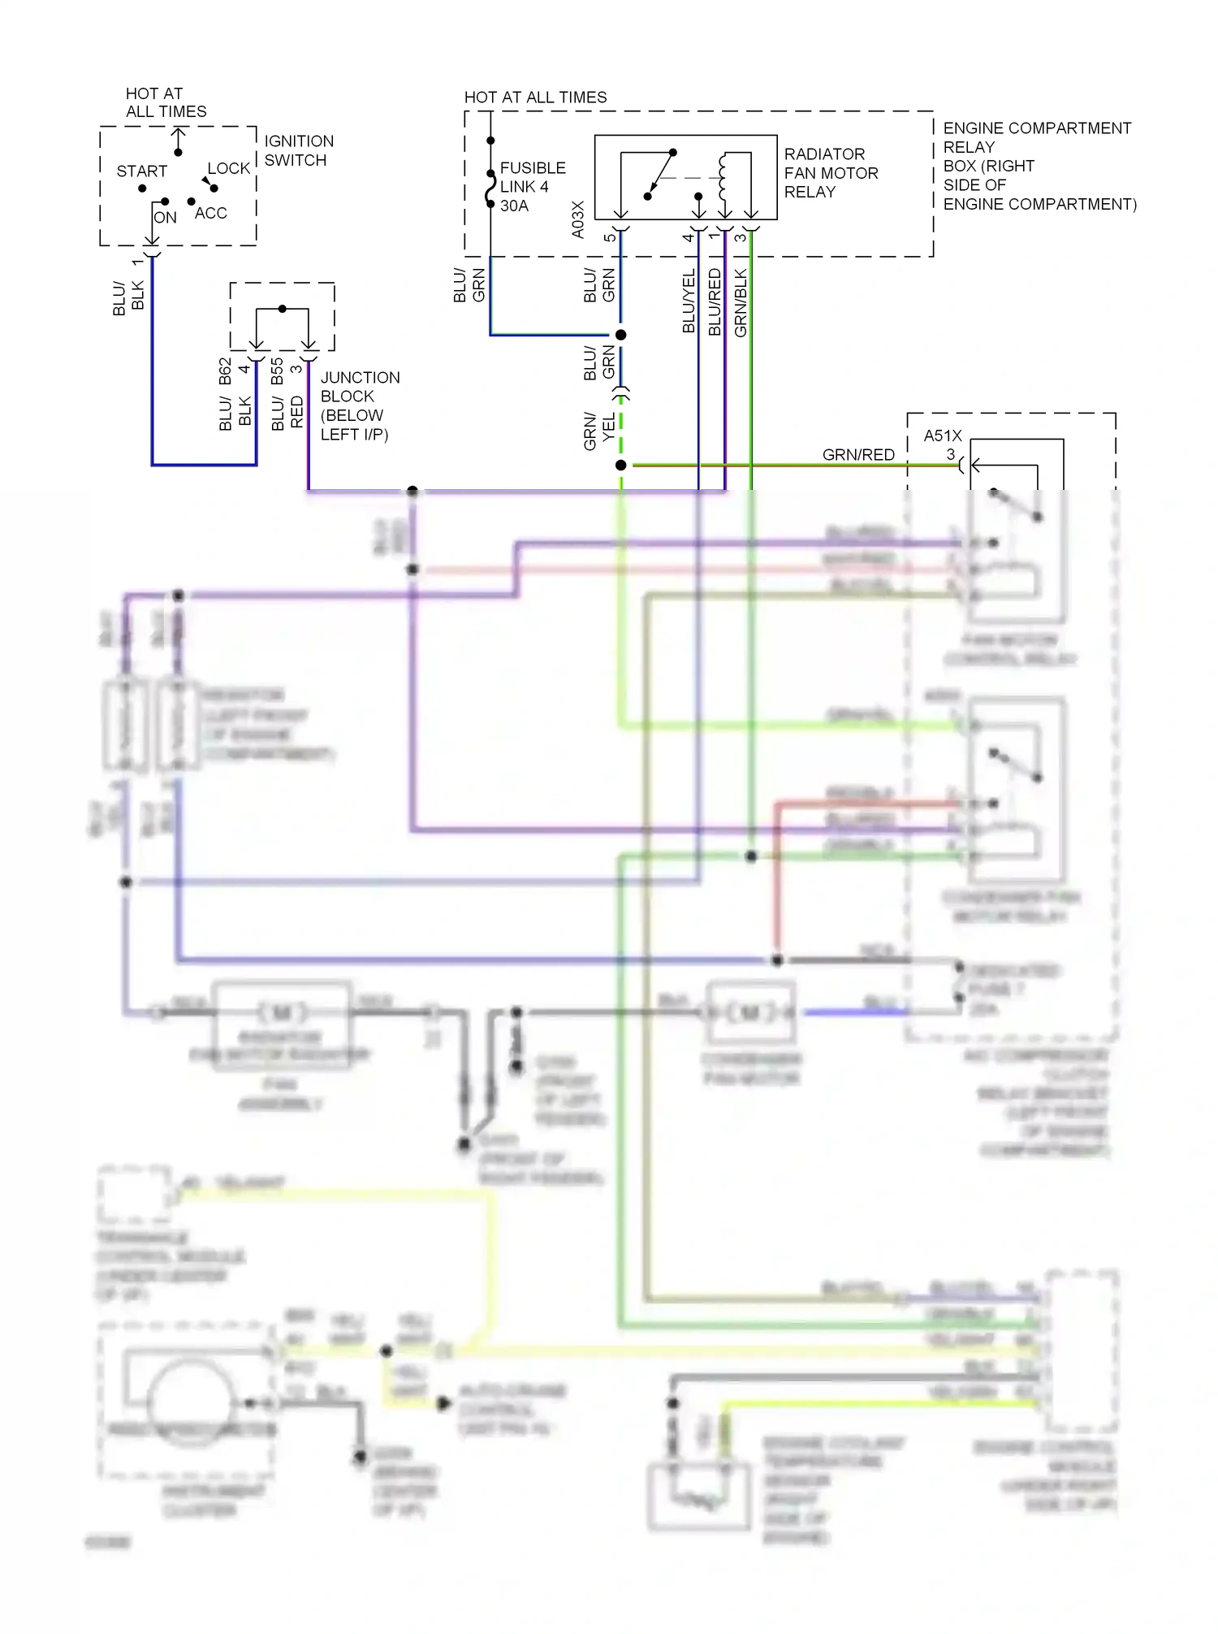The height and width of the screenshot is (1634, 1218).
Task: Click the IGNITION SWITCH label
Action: coord(298,150)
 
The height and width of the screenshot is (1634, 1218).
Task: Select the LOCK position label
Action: coord(228,168)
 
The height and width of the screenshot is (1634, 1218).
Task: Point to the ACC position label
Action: coord(210,213)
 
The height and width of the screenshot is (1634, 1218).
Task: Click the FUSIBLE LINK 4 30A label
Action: coord(532,187)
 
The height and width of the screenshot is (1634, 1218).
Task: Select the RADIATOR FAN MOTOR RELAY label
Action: coord(831,173)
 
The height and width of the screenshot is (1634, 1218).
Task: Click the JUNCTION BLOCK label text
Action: coord(359,405)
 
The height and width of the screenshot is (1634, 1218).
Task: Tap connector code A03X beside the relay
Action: coord(578,219)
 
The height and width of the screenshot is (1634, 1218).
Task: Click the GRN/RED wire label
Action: coord(857,455)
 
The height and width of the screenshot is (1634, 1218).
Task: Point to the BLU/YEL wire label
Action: coord(689,301)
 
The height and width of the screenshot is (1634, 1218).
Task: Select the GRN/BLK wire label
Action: coord(741,303)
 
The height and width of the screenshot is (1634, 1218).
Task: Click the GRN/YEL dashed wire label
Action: coord(599,431)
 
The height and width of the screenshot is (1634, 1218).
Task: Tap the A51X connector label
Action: coord(942,436)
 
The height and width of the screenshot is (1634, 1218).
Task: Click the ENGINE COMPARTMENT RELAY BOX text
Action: coord(1039,166)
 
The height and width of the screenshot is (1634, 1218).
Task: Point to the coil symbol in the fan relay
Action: coord(723,177)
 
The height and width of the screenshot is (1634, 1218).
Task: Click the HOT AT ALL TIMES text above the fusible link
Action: coord(535,98)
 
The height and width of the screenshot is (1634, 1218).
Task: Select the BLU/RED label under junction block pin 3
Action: coord(287,413)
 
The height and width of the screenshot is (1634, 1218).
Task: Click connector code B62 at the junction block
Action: coord(226,371)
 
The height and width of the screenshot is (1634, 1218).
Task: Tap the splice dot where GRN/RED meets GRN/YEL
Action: coord(621,466)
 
